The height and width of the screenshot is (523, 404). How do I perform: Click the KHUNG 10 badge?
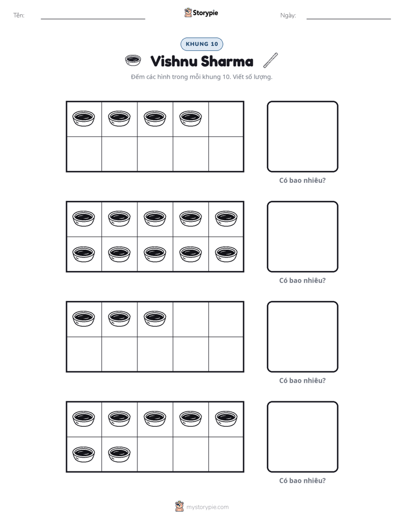click(201, 44)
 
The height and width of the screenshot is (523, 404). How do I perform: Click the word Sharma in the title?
click(227, 61)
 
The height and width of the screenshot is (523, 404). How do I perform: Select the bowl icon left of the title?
click(132, 61)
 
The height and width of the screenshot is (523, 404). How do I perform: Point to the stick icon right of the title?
click(270, 60)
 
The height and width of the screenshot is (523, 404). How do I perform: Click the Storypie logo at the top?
click(201, 12)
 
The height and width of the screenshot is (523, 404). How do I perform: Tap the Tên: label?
click(19, 15)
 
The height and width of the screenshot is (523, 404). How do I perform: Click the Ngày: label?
click(288, 15)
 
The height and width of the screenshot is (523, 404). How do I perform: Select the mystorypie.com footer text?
click(207, 507)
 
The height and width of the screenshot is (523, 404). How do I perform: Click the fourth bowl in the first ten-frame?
click(190, 118)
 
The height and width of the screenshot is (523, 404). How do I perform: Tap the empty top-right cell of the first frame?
click(226, 119)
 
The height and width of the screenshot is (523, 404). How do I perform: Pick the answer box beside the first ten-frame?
click(302, 137)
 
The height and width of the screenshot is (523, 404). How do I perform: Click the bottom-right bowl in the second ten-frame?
click(226, 254)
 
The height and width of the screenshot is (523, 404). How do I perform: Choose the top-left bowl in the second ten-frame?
click(83, 218)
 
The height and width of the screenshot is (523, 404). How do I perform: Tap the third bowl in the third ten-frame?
click(154, 319)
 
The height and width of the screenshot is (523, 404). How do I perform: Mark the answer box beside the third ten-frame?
click(302, 337)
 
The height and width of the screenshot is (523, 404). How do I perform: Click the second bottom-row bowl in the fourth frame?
click(119, 454)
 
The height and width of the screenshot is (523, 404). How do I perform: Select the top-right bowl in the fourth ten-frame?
click(226, 419)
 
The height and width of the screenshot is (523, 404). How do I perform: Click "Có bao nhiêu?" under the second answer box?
click(302, 281)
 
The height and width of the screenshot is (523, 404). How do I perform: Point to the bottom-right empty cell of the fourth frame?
click(226, 454)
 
